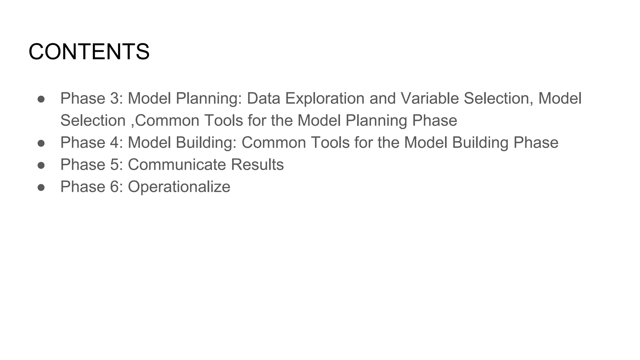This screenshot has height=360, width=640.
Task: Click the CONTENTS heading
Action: (x=89, y=52)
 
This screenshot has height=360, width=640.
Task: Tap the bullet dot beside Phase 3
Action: (x=41, y=99)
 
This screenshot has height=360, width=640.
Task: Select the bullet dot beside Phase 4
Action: (x=41, y=143)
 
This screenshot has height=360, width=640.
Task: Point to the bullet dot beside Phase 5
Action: (x=41, y=165)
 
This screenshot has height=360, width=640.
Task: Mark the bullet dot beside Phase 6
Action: (x=41, y=187)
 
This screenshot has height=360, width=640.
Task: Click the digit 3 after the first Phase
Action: (x=114, y=98)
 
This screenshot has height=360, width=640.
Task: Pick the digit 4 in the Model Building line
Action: (x=114, y=142)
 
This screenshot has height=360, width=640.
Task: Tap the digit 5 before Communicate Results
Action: (x=114, y=165)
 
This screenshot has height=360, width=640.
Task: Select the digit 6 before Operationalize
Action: (x=114, y=187)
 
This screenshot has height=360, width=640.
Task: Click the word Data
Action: (x=263, y=98)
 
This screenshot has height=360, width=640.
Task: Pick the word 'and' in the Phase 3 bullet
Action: (x=382, y=98)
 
